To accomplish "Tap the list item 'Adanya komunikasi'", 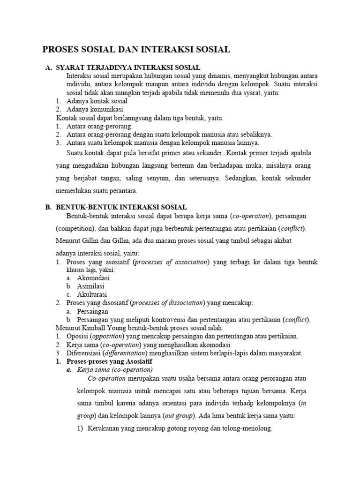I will (96, 109).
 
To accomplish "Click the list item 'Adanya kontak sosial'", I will (97, 101).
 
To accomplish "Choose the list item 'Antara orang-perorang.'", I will (99, 126).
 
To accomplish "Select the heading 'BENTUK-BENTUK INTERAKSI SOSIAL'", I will (121, 207).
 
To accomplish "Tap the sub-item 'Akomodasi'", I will (93, 278).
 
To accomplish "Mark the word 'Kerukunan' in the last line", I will (104, 428).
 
